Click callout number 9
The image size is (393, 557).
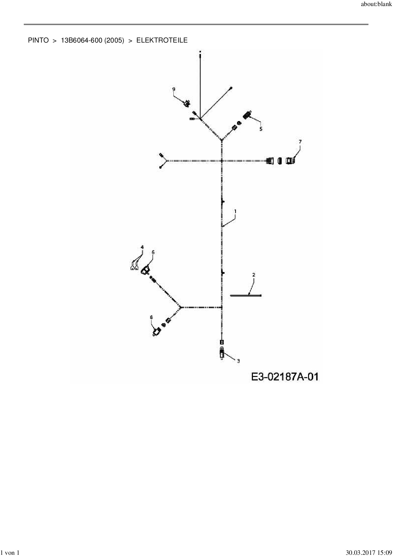[174, 89]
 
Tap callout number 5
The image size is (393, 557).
[261, 129]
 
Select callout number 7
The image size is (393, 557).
[300, 141]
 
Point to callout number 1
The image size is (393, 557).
[235, 211]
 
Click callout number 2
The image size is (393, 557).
[254, 275]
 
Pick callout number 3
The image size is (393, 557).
[238, 361]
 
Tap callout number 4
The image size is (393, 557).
[142, 247]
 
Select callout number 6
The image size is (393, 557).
[153, 252]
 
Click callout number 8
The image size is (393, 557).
[151, 317]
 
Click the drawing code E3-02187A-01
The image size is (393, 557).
[285, 377]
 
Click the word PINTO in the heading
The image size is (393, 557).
[38, 40]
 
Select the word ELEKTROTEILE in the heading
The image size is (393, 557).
[162, 40]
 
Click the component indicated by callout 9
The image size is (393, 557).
[187, 104]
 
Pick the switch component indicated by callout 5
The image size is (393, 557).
[247, 115]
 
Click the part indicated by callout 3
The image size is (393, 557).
[222, 353]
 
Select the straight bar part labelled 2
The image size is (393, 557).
[246, 296]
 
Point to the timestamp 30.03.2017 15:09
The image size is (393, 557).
[369, 553]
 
